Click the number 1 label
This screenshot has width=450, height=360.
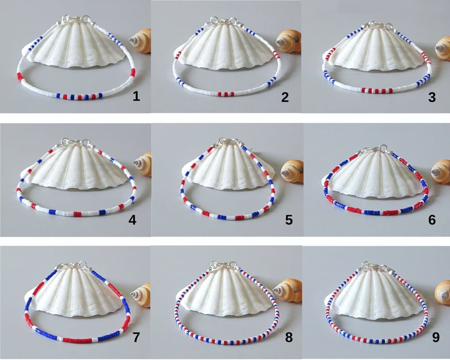coord(136,97)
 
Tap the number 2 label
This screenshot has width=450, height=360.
coord(285,97)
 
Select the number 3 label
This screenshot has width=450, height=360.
coord(432,97)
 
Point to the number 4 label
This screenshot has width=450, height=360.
coord(132,219)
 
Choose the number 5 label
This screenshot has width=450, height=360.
coord(289,219)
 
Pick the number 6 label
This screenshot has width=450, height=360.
coord(432,219)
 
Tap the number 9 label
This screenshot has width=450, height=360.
coord(435,337)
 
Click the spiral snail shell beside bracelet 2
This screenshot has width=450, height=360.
coord(288,41)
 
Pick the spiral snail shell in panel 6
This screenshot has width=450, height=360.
coord(440,171)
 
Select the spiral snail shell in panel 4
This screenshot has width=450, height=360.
coord(143,165)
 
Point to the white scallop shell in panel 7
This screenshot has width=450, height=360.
coord(80,293)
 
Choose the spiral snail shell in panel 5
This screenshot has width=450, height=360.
coord(292,171)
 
